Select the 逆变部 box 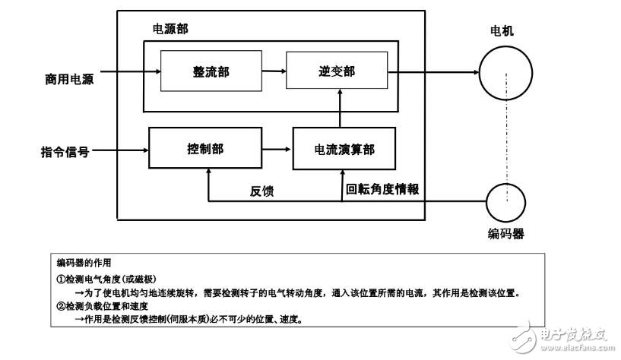336,71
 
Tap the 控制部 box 204,149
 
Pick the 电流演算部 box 344,149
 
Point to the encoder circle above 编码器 505,203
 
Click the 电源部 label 171,29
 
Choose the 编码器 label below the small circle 505,234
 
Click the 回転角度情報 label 382,189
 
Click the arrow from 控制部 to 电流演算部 277,149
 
